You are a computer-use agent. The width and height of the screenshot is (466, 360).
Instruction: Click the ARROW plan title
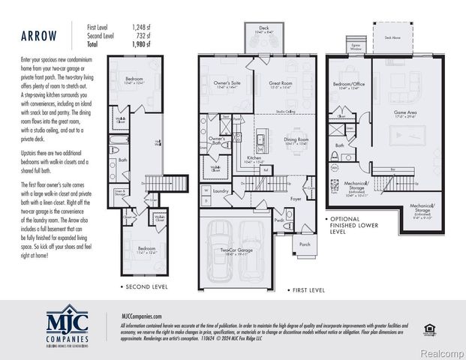coord(37,35)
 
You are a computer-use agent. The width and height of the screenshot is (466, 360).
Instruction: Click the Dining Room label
coord(296,139)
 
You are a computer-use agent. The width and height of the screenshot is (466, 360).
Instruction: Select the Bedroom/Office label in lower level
coord(349,84)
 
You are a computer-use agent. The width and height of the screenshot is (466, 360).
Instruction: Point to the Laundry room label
coord(221,190)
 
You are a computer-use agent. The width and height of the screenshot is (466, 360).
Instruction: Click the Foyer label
coord(296,198)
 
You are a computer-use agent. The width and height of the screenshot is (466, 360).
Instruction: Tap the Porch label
coord(305,244)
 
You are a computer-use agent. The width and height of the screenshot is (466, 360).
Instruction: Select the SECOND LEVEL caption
coord(146,286)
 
